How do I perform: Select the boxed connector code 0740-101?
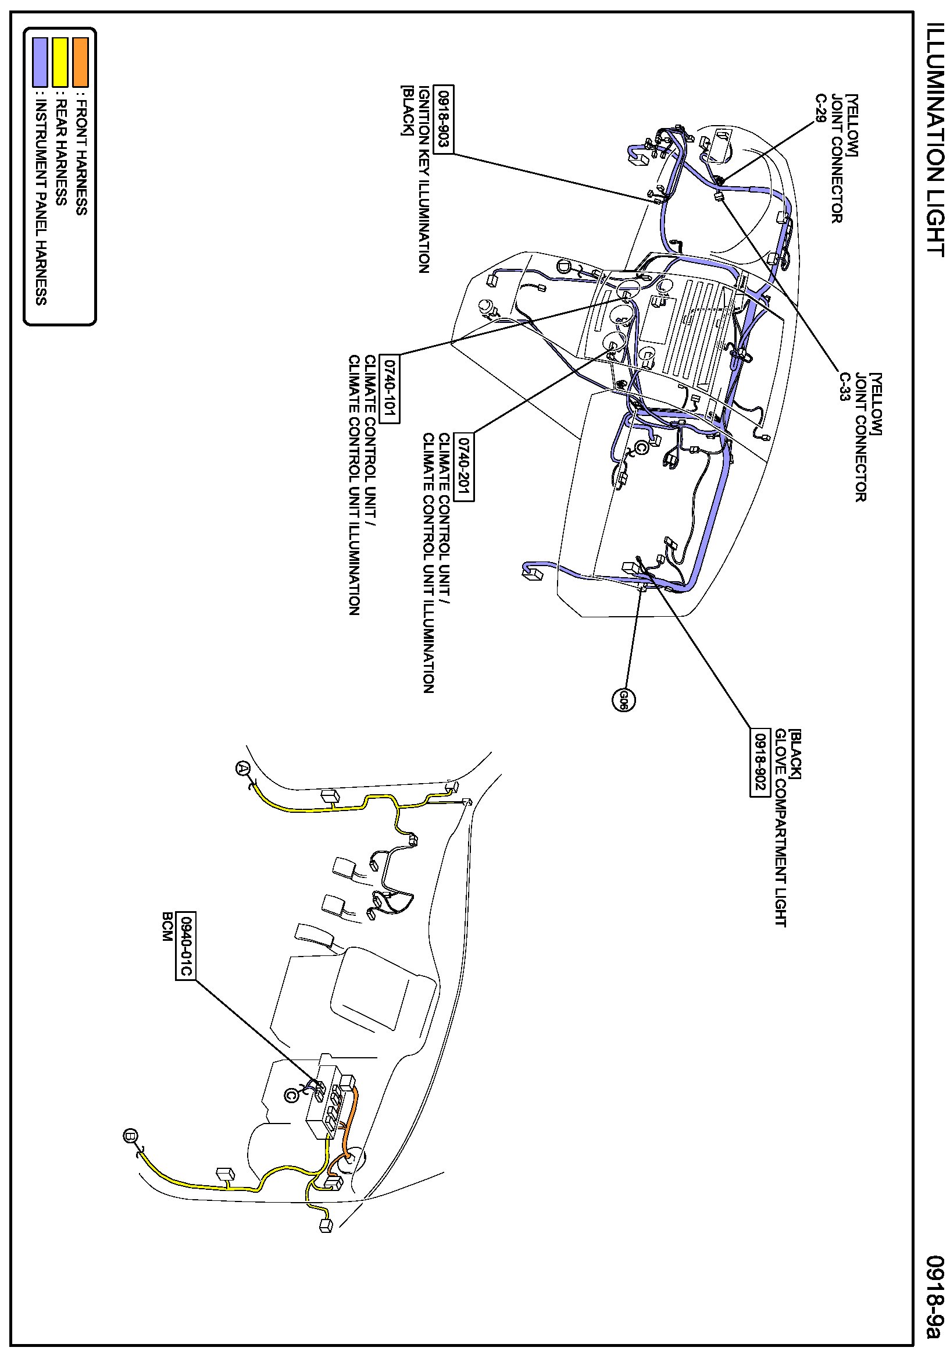[390, 389]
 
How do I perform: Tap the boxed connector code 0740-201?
[465, 467]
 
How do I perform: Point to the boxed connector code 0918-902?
[759, 762]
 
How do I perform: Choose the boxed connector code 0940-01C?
[184, 945]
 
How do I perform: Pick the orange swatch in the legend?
[80, 62]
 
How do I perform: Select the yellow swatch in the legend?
[60, 62]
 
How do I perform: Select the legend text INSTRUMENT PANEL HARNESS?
[40, 202]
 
